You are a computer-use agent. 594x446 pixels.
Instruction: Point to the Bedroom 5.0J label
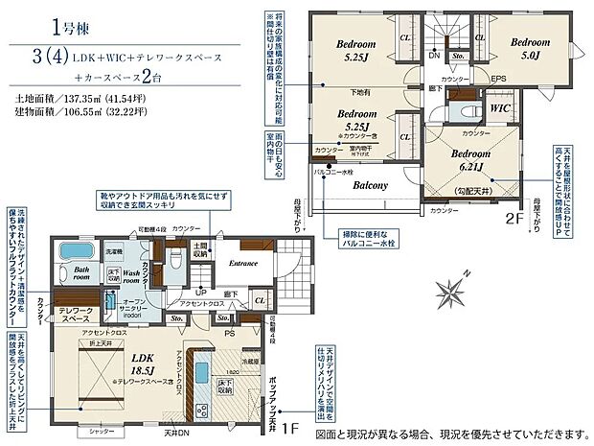531,48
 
